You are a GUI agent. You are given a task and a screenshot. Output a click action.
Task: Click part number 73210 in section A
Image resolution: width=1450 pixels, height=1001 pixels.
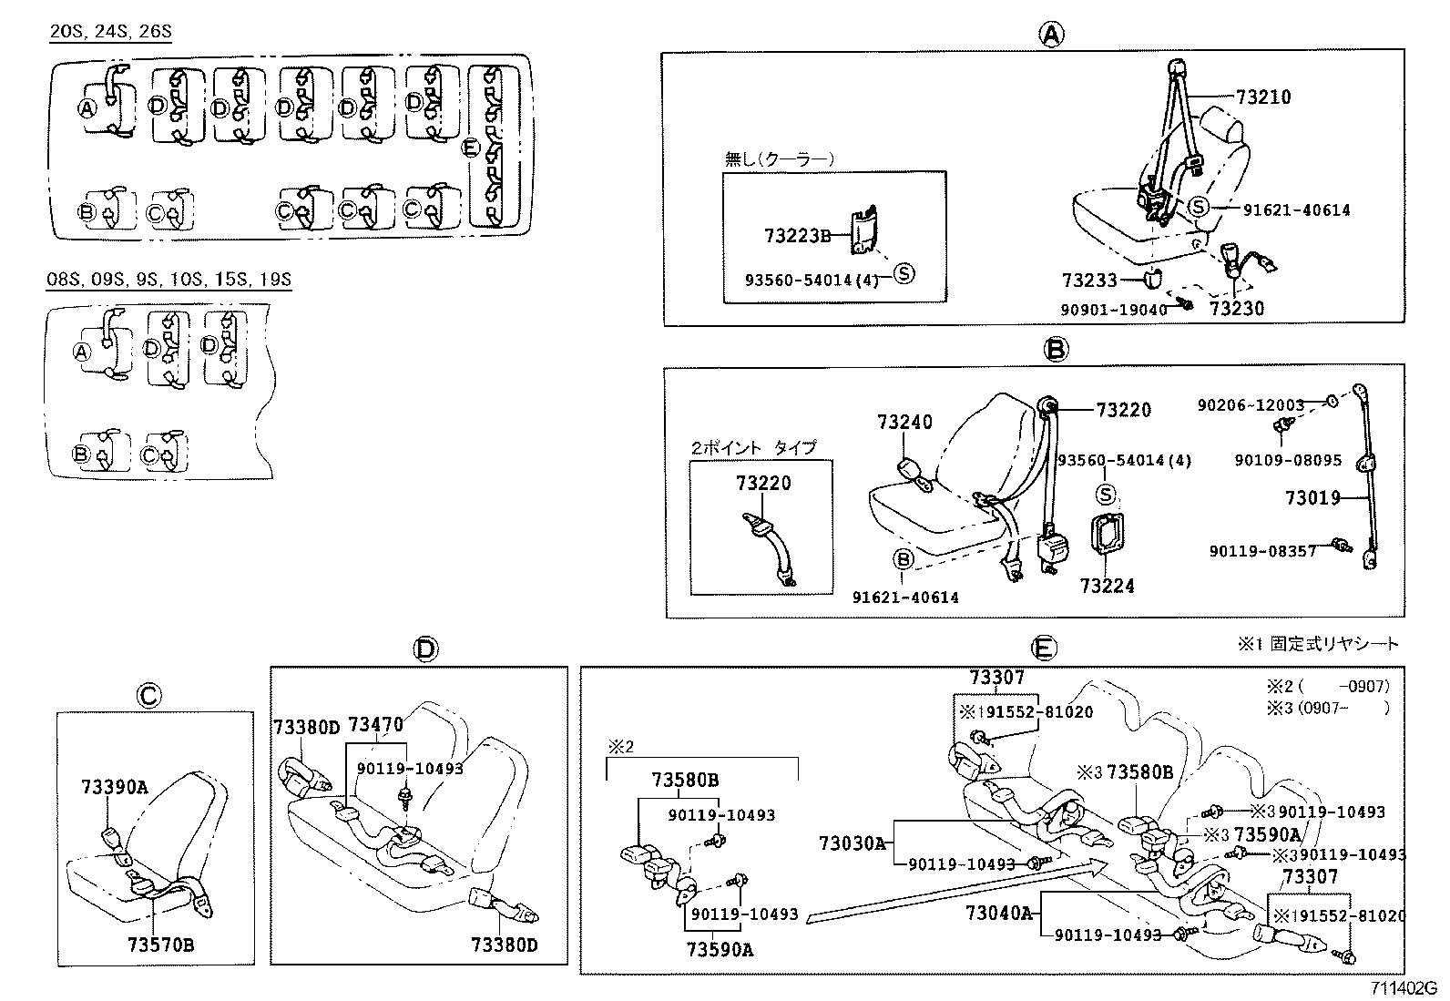pyautogui.click(x=1263, y=97)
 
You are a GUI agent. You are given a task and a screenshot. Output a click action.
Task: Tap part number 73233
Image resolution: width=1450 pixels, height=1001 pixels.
pyautogui.click(x=1088, y=281)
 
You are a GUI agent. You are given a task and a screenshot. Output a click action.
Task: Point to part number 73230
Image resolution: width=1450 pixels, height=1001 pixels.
pyautogui.click(x=1237, y=308)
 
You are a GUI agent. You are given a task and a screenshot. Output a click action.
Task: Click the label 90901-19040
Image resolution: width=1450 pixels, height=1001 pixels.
pyautogui.click(x=1113, y=310)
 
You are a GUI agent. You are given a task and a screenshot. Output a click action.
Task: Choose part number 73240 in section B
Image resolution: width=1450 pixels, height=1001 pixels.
pyautogui.click(x=904, y=423)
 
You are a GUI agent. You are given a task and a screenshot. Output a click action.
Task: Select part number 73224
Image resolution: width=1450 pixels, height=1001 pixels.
pyautogui.click(x=1107, y=586)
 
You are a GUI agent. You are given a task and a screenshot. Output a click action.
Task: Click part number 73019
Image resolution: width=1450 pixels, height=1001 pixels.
pyautogui.click(x=1312, y=497)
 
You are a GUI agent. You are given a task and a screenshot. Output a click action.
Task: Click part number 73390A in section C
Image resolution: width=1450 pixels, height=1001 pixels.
pyautogui.click(x=114, y=787)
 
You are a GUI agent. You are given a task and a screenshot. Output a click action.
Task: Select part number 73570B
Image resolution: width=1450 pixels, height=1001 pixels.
pyautogui.click(x=161, y=945)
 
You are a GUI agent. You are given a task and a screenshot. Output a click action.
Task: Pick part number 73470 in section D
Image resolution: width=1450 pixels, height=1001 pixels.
pyautogui.click(x=376, y=725)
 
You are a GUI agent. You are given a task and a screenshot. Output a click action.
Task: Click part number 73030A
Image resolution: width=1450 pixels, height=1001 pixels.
pyautogui.click(x=852, y=843)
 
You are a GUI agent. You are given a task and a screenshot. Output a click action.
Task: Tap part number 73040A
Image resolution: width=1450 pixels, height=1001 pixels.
pyautogui.click(x=999, y=913)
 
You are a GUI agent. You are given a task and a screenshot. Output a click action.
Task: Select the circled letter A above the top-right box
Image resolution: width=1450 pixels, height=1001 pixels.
pyautogui.click(x=1051, y=35)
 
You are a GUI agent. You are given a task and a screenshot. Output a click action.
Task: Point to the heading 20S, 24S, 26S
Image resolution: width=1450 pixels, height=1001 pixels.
pyautogui.click(x=110, y=32)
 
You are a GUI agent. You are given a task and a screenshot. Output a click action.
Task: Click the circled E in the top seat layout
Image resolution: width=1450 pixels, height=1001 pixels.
pyautogui.click(x=470, y=148)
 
